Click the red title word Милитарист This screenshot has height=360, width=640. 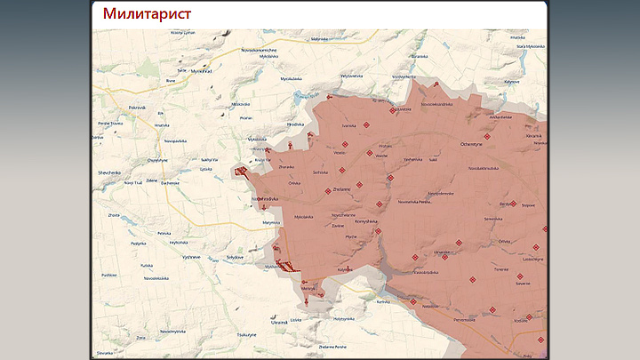[146, 14]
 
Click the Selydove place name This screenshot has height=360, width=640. [235, 256]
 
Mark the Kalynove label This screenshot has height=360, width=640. [512, 82]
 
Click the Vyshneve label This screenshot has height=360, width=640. [192, 255]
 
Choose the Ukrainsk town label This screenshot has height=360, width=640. [279, 321]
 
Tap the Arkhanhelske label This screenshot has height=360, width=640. [500, 116]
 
